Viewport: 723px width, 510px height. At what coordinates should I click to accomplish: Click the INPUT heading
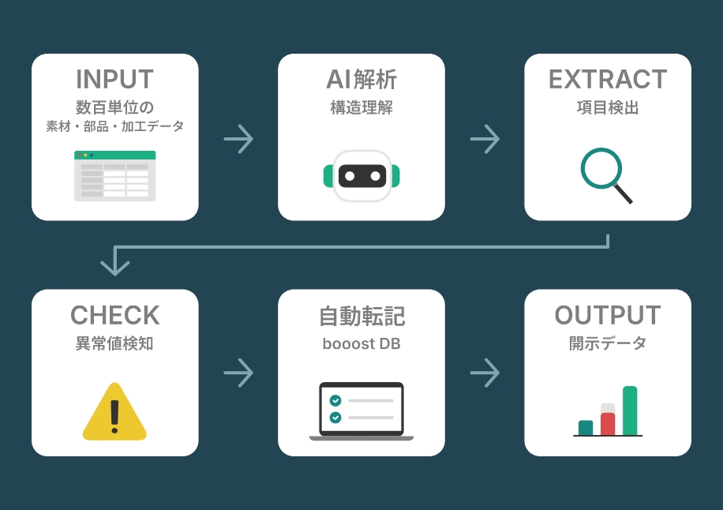coord(114,80)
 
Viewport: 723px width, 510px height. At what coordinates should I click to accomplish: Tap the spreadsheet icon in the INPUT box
coord(114,175)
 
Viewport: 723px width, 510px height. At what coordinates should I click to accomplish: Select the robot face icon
coord(361,175)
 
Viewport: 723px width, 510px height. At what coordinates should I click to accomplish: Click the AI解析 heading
coord(361,80)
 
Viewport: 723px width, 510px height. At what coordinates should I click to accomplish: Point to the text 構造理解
coord(361,108)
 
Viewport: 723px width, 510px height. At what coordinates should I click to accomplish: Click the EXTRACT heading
coord(608,80)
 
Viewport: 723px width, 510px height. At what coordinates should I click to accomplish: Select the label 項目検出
coord(608,108)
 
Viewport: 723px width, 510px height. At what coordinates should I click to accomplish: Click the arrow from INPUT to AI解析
coord(238,139)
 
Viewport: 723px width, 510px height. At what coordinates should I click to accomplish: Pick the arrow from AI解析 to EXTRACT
coord(485,139)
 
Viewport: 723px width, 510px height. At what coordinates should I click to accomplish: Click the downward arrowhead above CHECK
coord(115,264)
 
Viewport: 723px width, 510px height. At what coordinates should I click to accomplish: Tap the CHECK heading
coord(114,316)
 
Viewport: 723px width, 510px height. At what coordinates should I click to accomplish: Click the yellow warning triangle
coord(114,411)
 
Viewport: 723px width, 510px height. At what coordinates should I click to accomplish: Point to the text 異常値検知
coord(114,344)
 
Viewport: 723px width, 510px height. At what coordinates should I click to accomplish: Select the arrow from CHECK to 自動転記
coord(238,373)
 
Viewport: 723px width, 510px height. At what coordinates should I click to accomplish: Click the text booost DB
coord(361,344)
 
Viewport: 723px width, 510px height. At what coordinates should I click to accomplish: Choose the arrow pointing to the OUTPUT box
coord(485,373)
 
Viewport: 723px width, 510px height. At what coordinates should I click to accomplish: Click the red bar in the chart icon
coord(608,423)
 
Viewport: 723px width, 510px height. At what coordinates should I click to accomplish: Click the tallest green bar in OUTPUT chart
coord(630,411)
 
